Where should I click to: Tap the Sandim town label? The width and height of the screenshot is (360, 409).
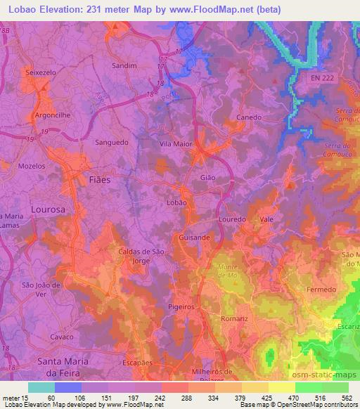click(124, 65)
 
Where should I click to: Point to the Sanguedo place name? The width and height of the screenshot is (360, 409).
click(110, 141)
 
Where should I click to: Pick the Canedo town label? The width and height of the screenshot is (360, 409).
click(248, 117)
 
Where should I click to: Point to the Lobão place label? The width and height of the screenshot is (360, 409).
click(176, 202)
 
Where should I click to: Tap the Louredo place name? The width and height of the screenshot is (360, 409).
click(232, 219)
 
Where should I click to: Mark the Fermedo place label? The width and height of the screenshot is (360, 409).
click(323, 289)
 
